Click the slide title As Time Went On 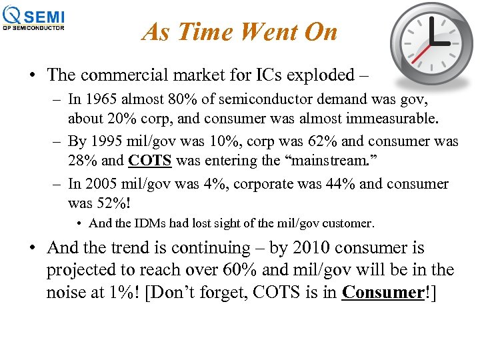coord(239,32)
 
